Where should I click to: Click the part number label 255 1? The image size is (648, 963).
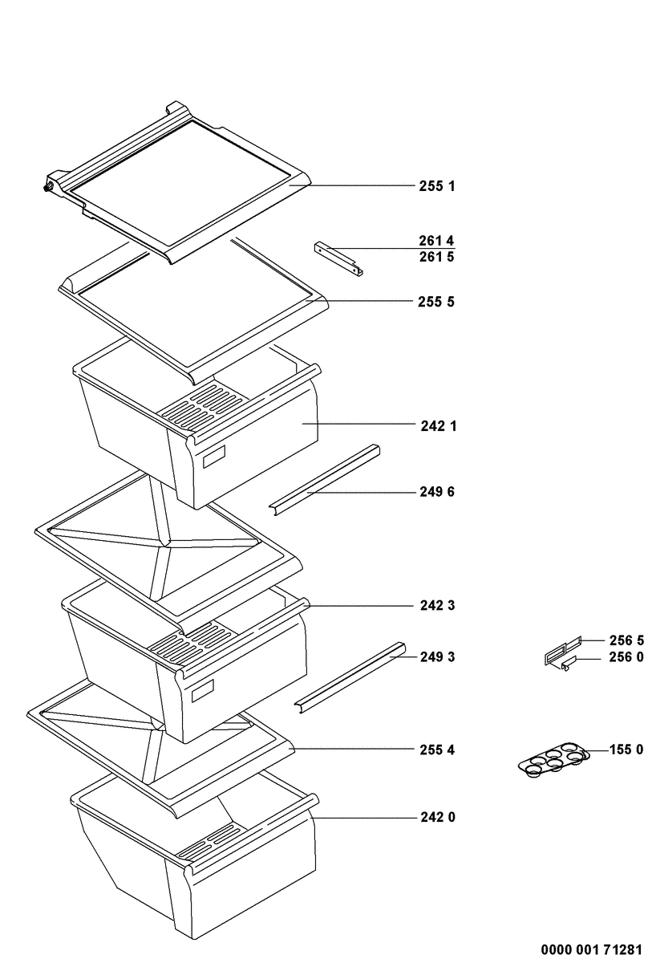437,186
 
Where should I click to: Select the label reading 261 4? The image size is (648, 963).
437,240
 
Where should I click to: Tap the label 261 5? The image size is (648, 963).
437,258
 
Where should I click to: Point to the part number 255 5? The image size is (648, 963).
437,303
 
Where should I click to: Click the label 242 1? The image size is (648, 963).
438,426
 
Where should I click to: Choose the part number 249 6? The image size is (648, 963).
437,492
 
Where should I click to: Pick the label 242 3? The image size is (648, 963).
437,606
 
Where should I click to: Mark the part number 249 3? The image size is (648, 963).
437,657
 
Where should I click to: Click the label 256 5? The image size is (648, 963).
626,640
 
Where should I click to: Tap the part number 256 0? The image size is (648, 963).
626,659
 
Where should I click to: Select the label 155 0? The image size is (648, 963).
626,750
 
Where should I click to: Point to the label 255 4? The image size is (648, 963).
437,750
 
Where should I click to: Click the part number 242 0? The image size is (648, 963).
437,818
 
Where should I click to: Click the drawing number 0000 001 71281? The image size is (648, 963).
592,949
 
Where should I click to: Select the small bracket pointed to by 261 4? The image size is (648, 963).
338,258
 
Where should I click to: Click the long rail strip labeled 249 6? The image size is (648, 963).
325,480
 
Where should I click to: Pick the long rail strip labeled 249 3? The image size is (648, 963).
350,674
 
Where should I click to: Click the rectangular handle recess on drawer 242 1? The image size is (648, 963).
214,459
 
